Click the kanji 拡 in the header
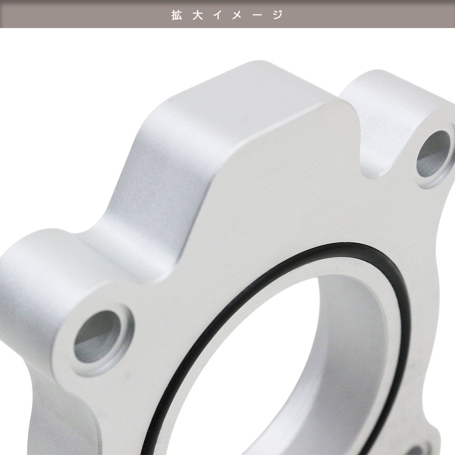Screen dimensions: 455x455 tap(177, 15)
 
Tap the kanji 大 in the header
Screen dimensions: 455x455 tap(198, 15)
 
